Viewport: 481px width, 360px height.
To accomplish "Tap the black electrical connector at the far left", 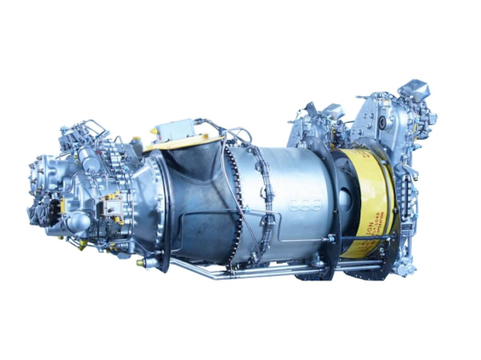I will tap(34, 211).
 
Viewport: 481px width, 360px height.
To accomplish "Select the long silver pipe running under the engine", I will tap(262, 271).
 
